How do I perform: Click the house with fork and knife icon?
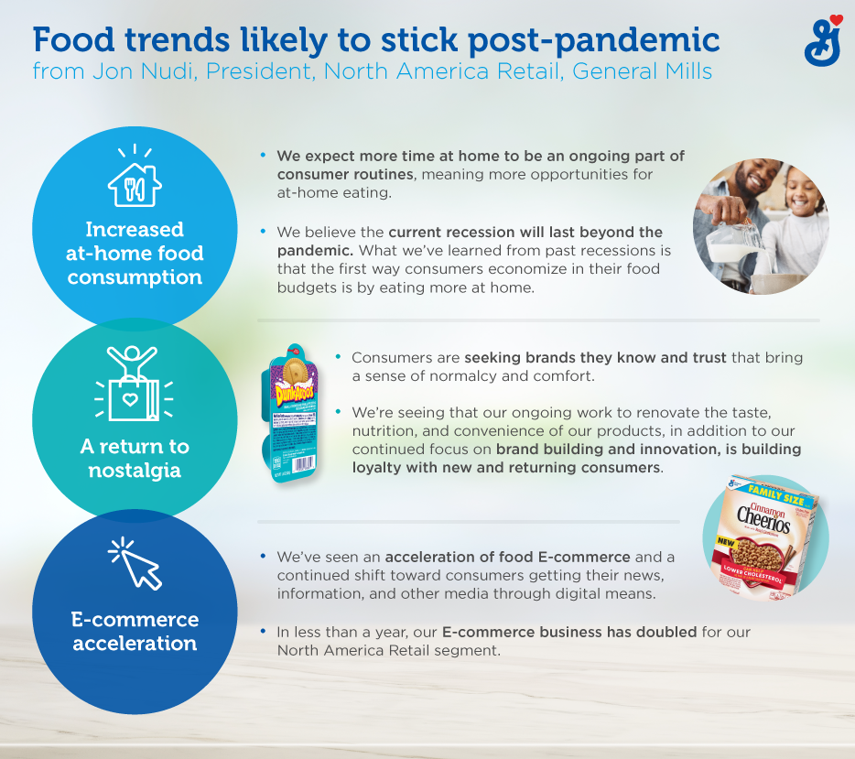pos(135,179)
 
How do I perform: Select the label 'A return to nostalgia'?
pos(135,459)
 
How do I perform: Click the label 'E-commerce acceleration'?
pos(135,631)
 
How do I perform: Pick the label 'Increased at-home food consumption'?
pos(135,254)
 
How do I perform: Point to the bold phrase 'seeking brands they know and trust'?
pos(595,358)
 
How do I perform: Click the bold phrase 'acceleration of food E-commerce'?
pos(507,557)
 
